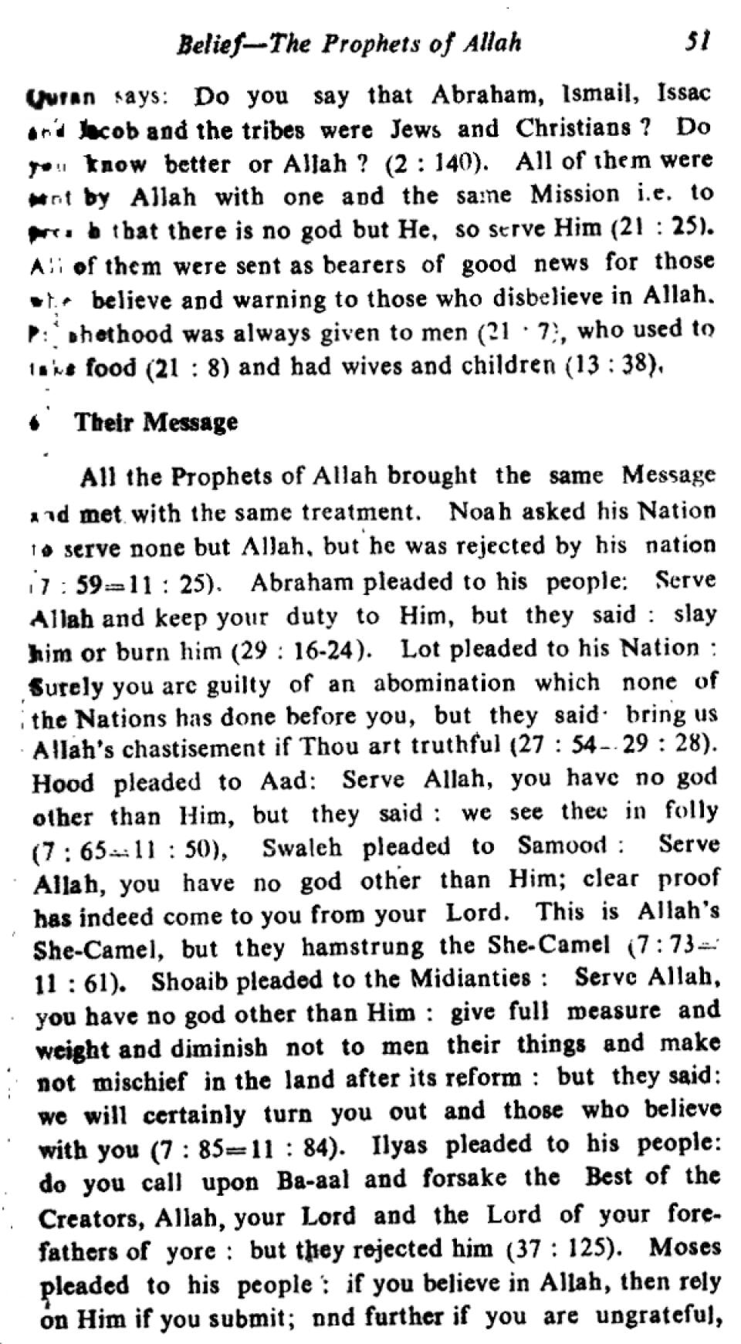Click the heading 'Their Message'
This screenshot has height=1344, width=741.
point(156,422)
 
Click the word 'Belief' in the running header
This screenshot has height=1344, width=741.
point(203,44)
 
